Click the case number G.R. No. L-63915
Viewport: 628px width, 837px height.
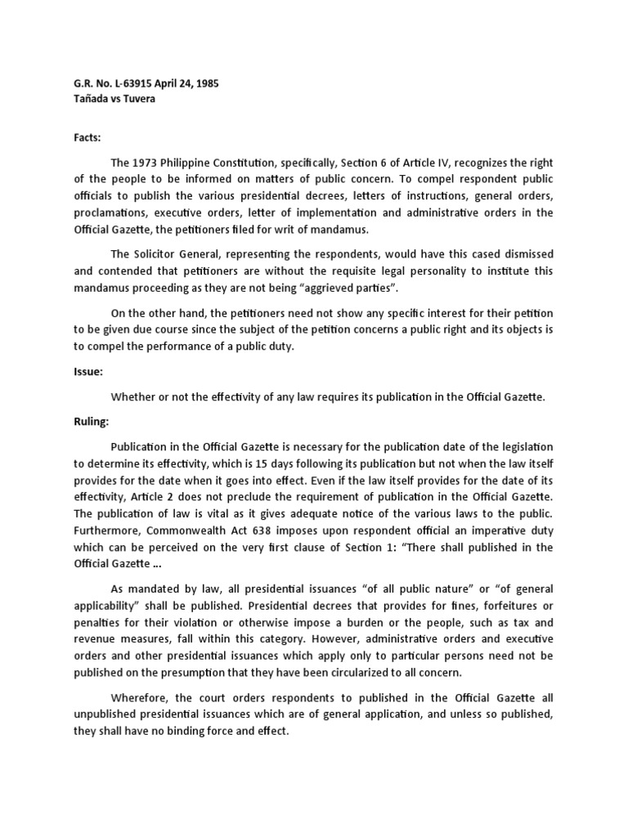112,83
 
